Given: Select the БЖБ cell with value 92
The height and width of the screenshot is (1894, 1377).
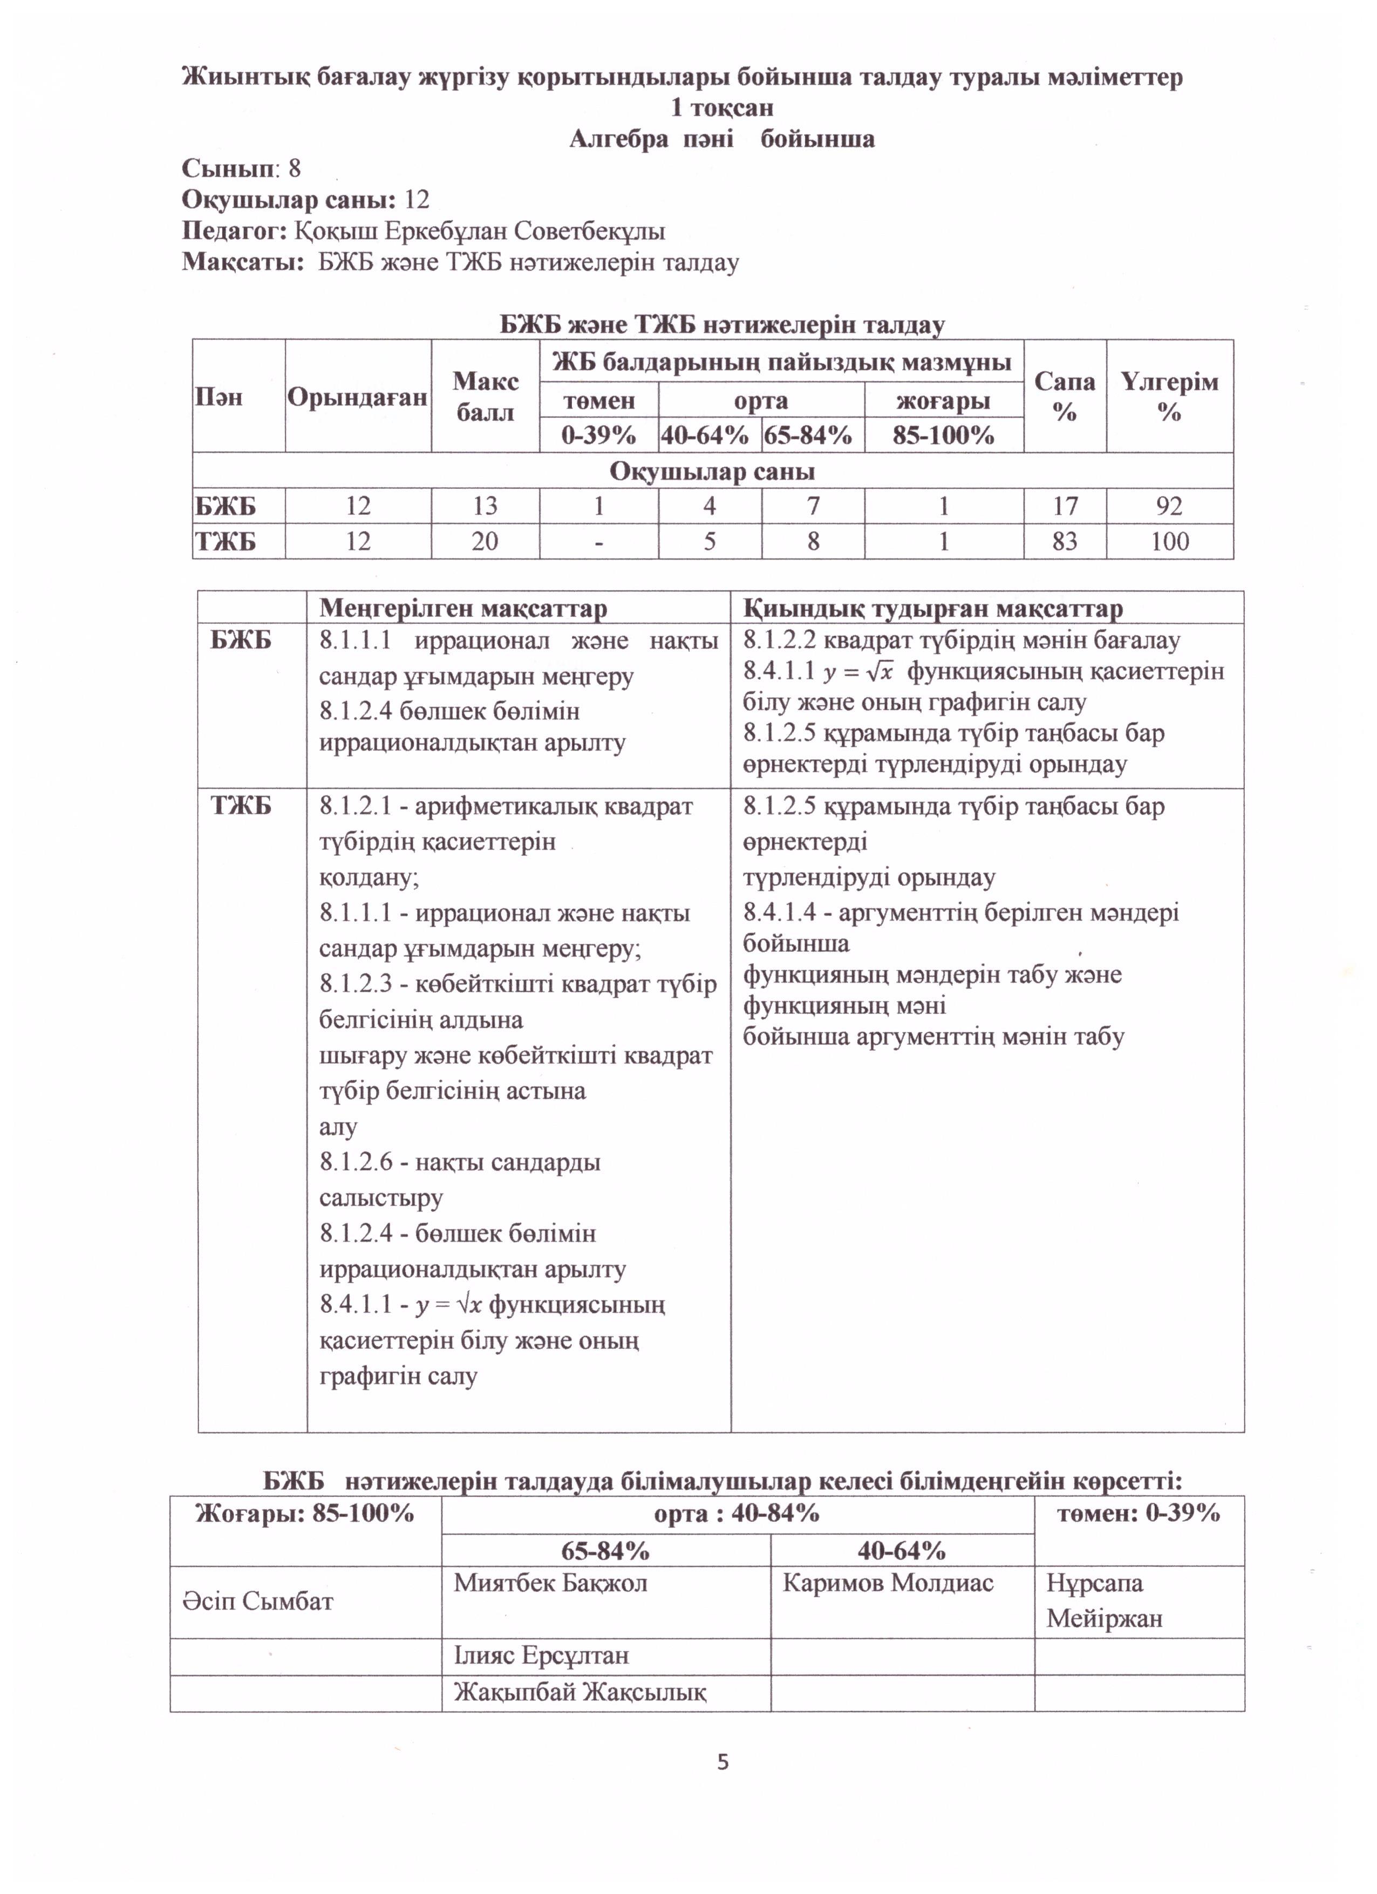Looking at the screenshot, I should click(x=1169, y=506).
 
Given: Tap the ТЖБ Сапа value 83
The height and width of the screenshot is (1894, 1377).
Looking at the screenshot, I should click(x=1065, y=541).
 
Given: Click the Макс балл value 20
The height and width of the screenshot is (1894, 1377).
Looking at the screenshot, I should click(x=485, y=541).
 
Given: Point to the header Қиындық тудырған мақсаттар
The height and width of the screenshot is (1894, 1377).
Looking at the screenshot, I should click(x=933, y=608).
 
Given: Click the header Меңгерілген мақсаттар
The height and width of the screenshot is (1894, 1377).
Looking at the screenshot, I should click(x=462, y=608).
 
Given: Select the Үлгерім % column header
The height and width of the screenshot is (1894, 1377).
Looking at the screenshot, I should click(x=1169, y=396).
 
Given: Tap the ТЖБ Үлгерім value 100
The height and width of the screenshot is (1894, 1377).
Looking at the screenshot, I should click(x=1169, y=541).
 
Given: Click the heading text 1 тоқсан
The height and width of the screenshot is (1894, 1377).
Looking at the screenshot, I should click(x=722, y=108).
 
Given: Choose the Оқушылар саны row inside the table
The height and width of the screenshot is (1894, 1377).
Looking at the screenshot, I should click(x=712, y=471).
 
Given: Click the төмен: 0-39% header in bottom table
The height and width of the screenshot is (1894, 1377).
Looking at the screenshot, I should click(x=1138, y=1513).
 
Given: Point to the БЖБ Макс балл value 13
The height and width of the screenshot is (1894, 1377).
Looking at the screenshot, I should click(x=485, y=506).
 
